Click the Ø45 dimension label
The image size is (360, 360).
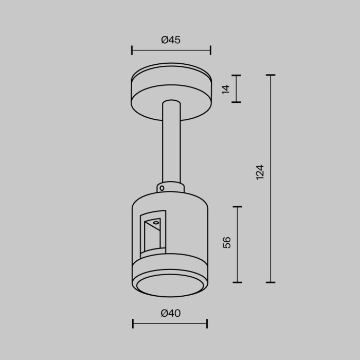coord(171,40)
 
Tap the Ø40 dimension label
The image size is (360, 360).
coord(171,313)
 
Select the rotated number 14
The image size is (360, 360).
coord(226,89)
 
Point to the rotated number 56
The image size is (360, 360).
coord(227,243)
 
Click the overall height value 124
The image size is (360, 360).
coord(260,172)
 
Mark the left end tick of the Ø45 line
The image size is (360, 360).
coord(132,50)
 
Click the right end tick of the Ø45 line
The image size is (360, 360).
coord(210,50)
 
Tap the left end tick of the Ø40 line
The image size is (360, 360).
coord(133,323)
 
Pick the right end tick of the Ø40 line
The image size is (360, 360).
coord(207,323)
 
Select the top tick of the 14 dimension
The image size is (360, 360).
coord(236,76)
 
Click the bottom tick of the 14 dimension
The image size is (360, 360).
coord(236,102)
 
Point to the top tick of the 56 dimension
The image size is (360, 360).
coord(237,207)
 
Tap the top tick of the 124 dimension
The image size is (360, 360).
coord(271,75)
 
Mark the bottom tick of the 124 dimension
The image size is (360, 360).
coord(271,282)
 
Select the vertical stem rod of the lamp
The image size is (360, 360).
coord(171,144)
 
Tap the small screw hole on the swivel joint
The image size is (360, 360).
coord(162,188)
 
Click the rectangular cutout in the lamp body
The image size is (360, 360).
coord(153,234)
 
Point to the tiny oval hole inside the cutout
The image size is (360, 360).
coord(155,223)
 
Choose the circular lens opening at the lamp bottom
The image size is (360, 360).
coord(170,285)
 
